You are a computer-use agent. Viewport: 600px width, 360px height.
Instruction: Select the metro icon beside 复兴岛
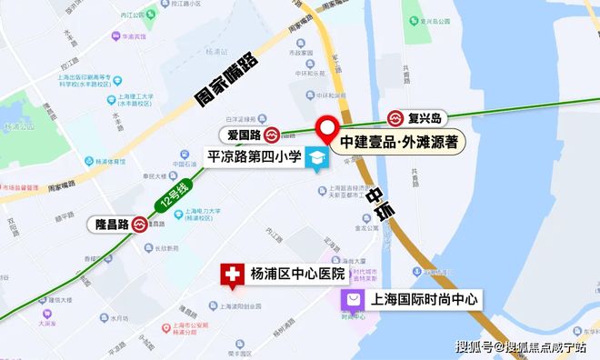click(397, 117)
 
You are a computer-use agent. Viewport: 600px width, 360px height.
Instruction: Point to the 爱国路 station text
click(243, 135)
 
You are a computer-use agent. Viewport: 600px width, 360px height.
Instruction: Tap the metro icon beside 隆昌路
click(140, 224)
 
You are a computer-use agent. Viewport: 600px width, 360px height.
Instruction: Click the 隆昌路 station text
click(109, 224)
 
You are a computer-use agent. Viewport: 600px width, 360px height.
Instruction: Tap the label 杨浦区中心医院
click(300, 274)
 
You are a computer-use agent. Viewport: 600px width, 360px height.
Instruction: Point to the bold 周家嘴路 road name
click(226, 81)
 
